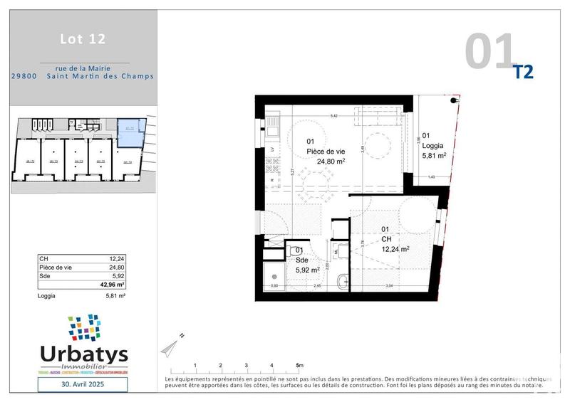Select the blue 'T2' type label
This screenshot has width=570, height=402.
point(523,71)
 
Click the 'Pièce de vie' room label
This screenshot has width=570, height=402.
point(326,152)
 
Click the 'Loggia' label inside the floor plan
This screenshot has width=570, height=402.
point(434,145)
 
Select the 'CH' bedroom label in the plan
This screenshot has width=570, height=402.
point(387,239)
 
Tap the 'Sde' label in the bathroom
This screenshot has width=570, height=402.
point(301,260)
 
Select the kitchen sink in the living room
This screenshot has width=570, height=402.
point(271,131)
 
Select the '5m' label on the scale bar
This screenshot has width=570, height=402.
point(299,365)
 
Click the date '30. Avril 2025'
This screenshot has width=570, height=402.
point(83,385)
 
